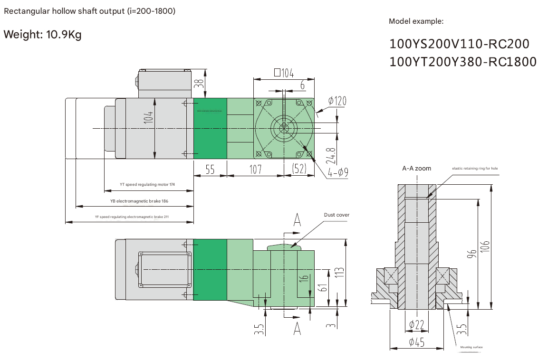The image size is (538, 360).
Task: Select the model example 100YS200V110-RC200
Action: tap(459, 44)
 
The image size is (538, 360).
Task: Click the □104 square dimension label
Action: tap(284, 73)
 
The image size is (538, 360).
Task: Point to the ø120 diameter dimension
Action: tap(337, 101)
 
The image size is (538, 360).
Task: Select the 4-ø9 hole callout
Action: tap(338, 172)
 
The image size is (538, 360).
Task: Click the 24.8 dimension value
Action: tap(331, 155)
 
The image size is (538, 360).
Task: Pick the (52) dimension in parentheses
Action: tap(299, 169)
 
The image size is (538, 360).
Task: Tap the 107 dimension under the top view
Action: tap(256, 169)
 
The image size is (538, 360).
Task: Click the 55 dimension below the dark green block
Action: tap(210, 169)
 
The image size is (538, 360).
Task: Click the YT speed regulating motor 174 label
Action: tap(147, 184)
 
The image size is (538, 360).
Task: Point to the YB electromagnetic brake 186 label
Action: tap(139, 201)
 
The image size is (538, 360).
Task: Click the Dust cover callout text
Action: tap(336, 215)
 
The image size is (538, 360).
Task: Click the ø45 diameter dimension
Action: tap(416, 342)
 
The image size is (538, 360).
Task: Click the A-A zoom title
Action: tap(416, 168)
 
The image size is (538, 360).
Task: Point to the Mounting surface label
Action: tap(471, 347)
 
